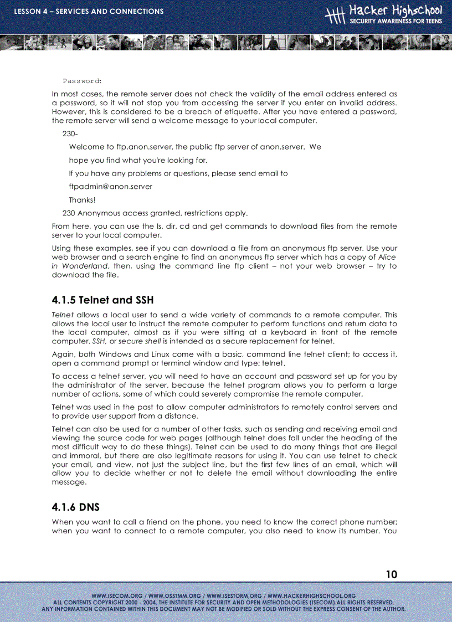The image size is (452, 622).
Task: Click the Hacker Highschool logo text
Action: point(395,11)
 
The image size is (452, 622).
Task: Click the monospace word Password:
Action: point(81,81)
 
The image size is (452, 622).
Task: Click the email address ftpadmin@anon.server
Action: point(110,187)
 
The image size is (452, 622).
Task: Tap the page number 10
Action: point(391,574)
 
